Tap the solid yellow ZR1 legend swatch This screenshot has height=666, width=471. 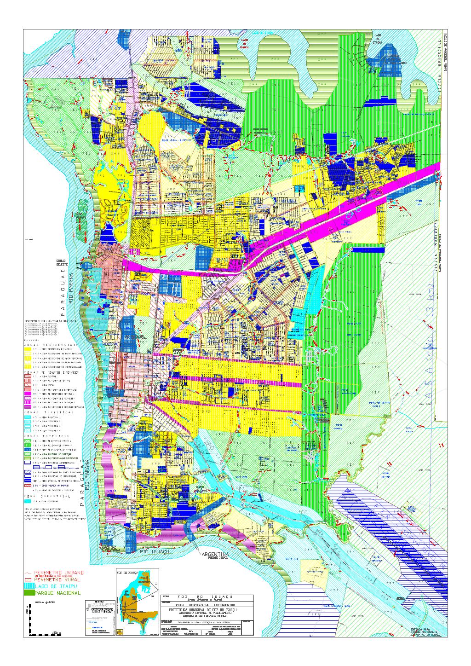28,350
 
